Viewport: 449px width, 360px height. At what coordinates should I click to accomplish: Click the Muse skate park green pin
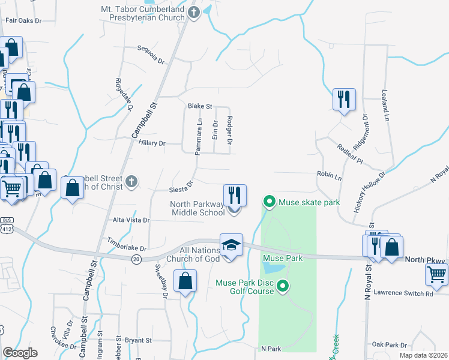pyautogui.click(x=270, y=202)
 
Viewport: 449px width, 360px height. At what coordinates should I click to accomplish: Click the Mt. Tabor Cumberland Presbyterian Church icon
pyautogui.click(x=194, y=12)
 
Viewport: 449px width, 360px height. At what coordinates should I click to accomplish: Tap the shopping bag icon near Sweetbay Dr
pyautogui.click(x=185, y=281)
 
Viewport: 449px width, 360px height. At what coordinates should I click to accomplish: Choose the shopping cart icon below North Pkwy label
pyautogui.click(x=436, y=275)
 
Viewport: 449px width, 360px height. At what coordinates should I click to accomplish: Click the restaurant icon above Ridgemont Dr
pyautogui.click(x=344, y=99)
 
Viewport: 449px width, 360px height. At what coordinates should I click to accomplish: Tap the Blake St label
pyautogui.click(x=200, y=106)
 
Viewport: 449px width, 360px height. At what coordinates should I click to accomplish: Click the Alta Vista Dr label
pyautogui.click(x=130, y=220)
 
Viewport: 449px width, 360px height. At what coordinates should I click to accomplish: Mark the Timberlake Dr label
pyautogui.click(x=127, y=244)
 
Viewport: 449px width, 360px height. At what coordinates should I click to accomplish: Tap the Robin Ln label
pyautogui.click(x=329, y=178)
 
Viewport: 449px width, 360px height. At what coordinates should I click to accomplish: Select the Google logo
pyautogui.click(x=20, y=353)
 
